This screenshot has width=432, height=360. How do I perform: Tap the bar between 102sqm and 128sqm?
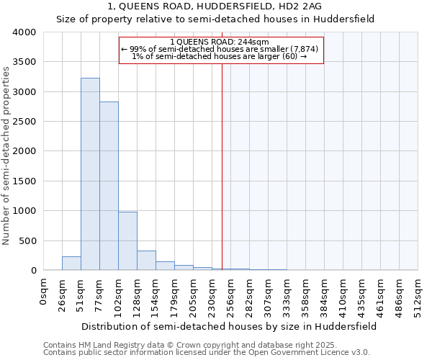coord(127,241)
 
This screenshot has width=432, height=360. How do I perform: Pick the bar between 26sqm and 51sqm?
coord(71,264)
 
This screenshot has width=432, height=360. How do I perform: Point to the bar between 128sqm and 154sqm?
coord(146,261)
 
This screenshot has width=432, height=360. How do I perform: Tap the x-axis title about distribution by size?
coord(229,326)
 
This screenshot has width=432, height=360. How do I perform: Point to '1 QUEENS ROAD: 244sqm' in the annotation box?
coord(221,42)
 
